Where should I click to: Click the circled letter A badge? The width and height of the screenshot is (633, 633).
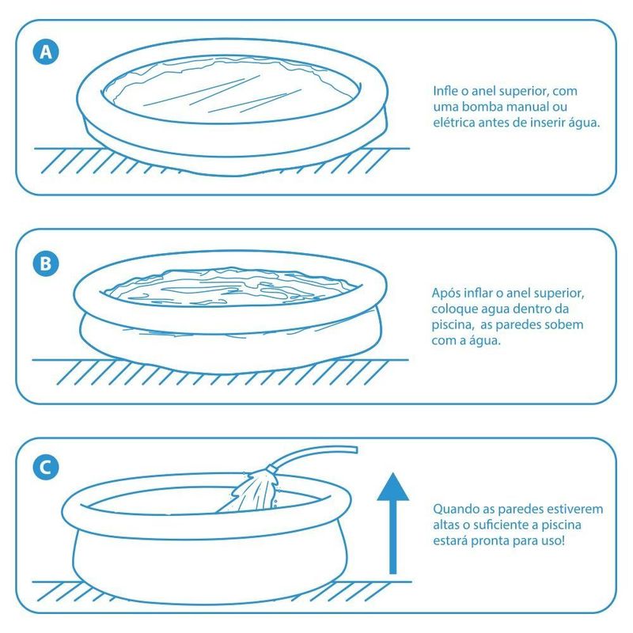46,52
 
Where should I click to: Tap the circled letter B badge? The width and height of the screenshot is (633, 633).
46,264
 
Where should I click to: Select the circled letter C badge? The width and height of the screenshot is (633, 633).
46,467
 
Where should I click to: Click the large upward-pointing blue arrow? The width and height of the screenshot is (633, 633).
392,523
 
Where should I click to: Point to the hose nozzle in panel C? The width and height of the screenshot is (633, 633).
271,468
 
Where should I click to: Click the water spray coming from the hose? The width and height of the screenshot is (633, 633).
250,491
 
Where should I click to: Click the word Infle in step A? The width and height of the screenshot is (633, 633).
445,91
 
